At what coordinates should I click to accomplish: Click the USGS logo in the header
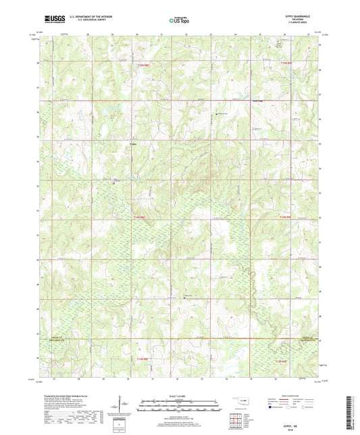[52, 20]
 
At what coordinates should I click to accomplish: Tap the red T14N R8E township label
[139, 217]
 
